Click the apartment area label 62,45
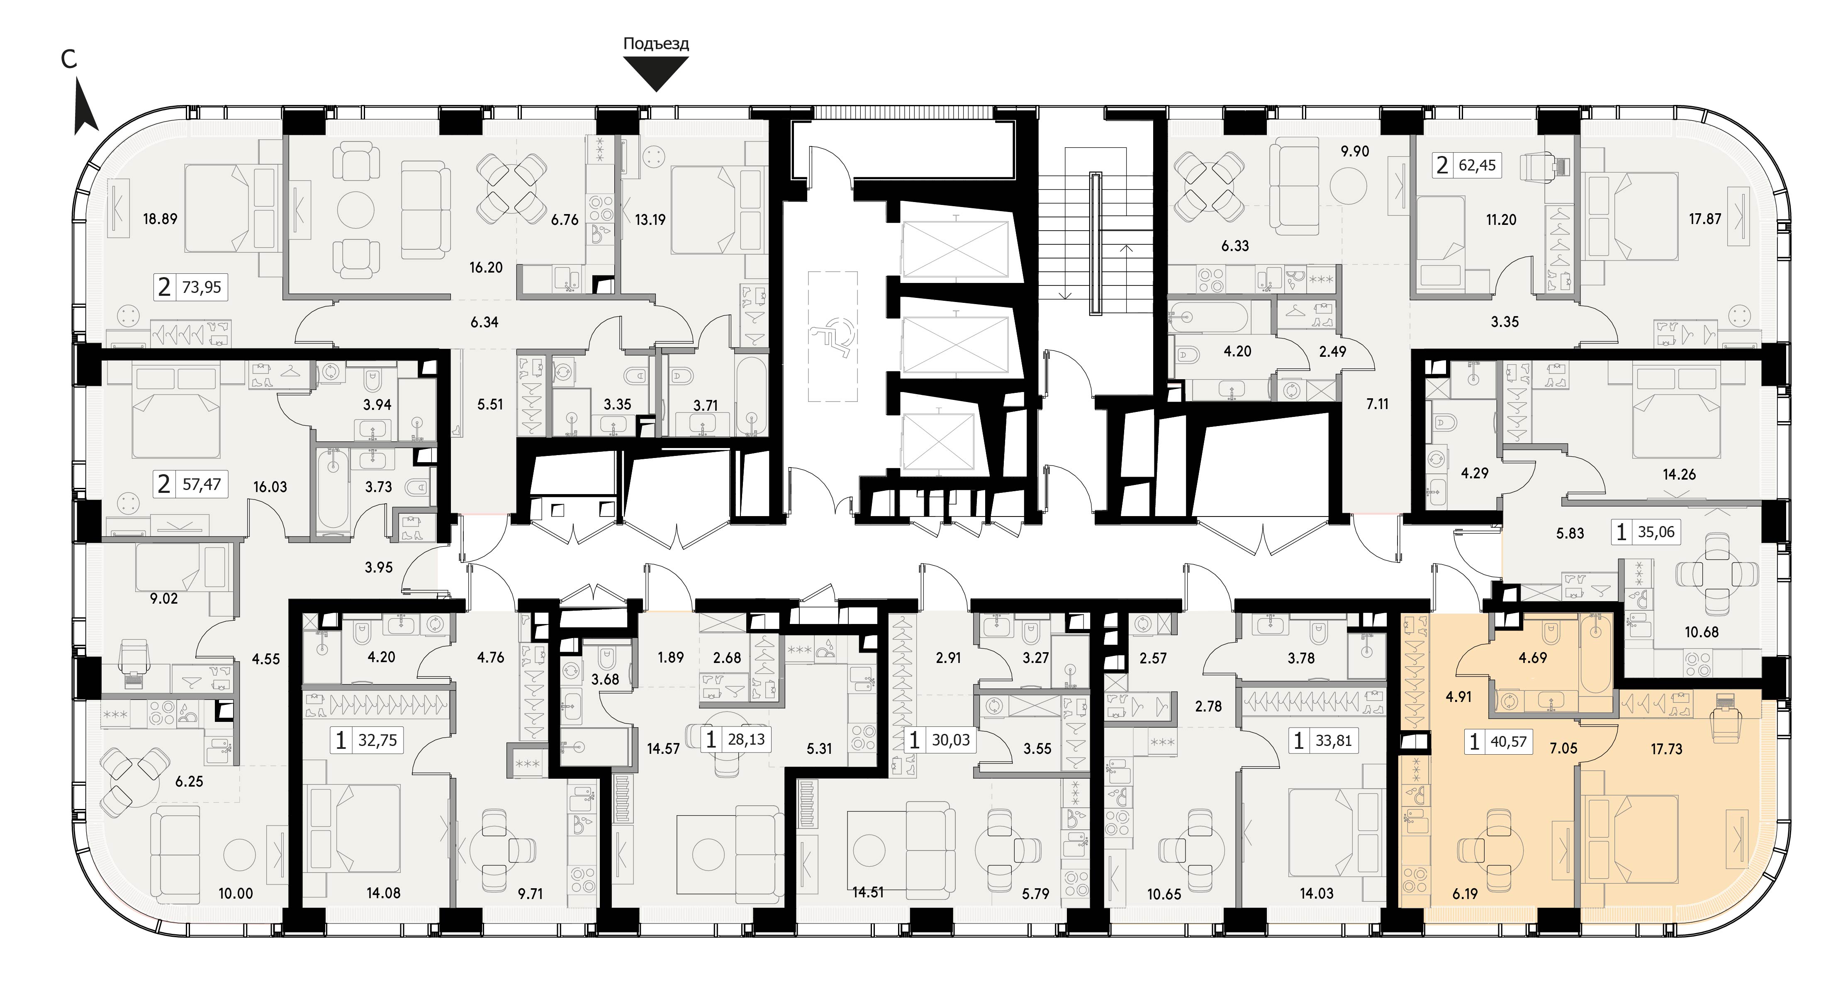1478,166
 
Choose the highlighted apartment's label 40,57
1509,742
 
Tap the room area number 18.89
160,219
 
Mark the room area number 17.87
1705,219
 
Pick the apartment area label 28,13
746,739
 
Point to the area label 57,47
202,485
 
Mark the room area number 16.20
486,268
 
